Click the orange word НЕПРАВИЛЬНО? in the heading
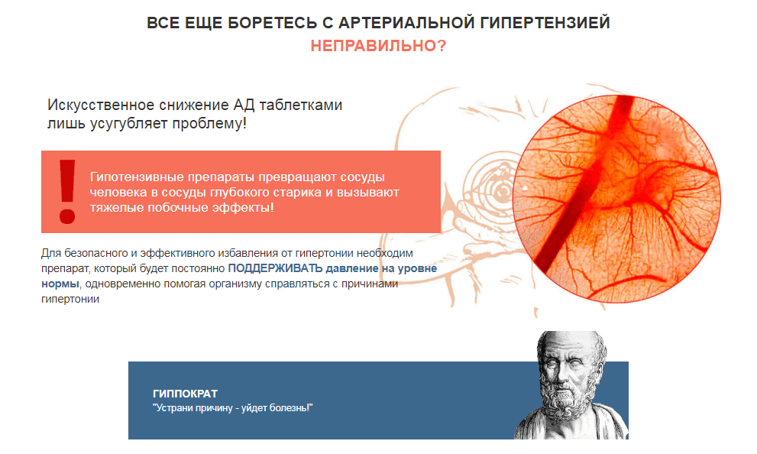pos(378,46)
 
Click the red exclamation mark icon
pos(67,191)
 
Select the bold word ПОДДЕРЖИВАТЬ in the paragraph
pos(275,269)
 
